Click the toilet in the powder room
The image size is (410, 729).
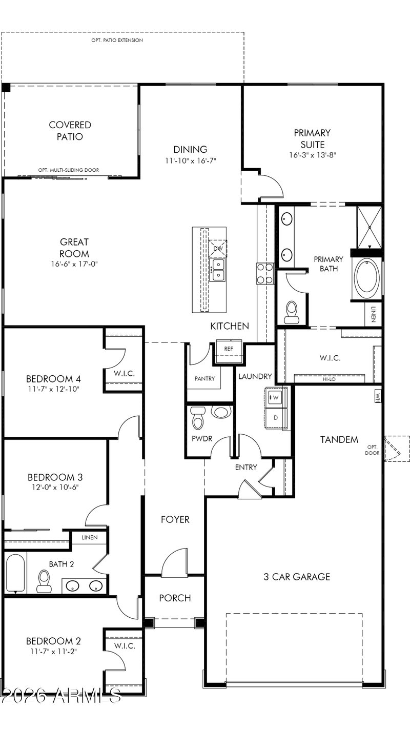coord(197,418)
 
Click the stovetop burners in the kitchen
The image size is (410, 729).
coord(265,273)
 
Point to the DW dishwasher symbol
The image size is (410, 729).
coord(218,249)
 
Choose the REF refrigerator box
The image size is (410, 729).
coord(229,349)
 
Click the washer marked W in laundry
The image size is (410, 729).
coord(276,397)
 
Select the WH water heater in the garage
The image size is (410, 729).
coord(378,396)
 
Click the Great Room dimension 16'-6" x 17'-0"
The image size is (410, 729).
coord(74,264)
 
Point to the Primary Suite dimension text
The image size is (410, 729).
coord(313,155)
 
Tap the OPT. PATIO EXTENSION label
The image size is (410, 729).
coord(117,40)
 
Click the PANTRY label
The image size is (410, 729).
coord(204,378)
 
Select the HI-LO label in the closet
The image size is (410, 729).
coord(329,379)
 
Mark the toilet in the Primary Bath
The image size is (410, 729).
coord(292,312)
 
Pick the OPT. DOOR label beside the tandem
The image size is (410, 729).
coord(372,450)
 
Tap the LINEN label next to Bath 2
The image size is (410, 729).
coord(90,537)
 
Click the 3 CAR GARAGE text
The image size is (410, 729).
coord(297,577)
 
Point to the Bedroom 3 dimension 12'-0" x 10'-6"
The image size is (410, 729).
coord(55,487)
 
